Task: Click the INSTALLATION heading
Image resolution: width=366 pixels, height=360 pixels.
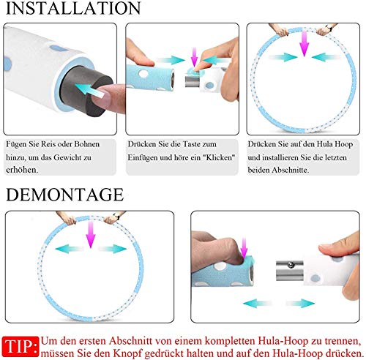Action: coord(73,8)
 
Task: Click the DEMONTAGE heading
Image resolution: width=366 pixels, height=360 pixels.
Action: coord(64,195)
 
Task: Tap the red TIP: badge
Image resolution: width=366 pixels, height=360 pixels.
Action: coord(20,346)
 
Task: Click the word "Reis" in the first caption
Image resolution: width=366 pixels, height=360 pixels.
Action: coord(50,144)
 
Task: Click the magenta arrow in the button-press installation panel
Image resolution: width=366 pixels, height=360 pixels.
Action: coord(195,57)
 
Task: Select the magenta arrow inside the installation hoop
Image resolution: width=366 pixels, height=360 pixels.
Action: coord(305,44)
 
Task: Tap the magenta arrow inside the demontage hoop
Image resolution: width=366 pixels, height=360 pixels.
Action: coord(91,235)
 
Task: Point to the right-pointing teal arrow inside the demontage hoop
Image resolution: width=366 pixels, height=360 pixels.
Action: coord(113,249)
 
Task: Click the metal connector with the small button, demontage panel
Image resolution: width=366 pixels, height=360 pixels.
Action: coord(290,271)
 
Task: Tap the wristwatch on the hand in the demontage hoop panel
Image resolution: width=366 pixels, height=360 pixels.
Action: coord(116,217)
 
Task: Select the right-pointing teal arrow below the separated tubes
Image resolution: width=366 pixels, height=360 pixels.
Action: coord(300,303)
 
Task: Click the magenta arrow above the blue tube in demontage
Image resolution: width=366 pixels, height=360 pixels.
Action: coord(244,249)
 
